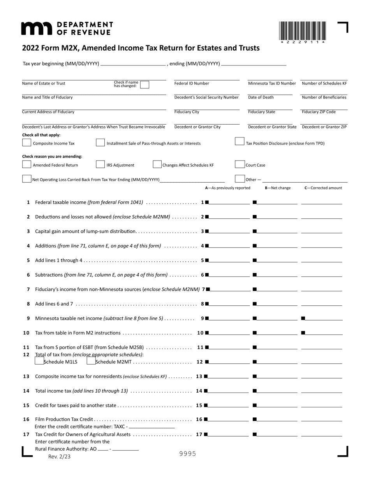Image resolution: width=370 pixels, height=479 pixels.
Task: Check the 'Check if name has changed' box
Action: [144, 85]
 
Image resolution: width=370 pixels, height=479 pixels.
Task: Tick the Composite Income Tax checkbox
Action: [26, 143]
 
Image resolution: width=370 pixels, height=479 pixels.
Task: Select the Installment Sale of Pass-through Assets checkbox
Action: [100, 143]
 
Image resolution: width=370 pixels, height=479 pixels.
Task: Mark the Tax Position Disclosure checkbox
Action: [240, 142]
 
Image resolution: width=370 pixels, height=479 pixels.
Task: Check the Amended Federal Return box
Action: [26, 165]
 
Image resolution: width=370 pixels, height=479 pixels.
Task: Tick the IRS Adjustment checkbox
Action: [100, 165]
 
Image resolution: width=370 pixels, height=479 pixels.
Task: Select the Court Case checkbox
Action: [240, 165]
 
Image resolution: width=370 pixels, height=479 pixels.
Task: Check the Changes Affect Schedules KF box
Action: [157, 164]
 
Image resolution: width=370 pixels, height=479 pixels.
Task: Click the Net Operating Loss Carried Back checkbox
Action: [26, 179]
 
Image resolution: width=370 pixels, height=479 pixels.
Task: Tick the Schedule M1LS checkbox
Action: [39, 361]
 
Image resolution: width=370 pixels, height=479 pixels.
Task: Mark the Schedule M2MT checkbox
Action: [91, 361]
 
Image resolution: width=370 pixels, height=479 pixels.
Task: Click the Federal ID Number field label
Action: [192, 83]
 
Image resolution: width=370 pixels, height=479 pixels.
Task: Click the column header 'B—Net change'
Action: [278, 188]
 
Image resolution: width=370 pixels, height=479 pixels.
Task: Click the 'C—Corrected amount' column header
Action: [323, 188]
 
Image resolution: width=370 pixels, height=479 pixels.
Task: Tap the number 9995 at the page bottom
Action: [187, 454]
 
